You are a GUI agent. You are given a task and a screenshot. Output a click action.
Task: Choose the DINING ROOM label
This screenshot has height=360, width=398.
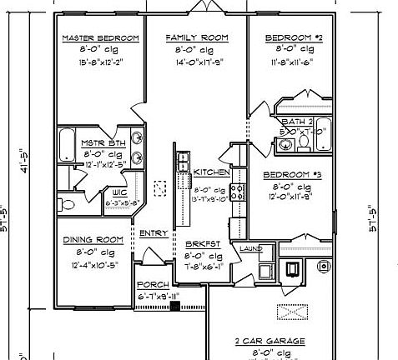point(93,240)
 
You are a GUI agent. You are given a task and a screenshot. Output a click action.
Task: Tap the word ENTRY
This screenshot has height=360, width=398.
point(153,233)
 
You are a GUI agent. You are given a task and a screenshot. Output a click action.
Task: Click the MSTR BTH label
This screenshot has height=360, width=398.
point(103,142)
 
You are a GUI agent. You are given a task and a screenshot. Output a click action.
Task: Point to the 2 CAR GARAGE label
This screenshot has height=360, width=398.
point(269,341)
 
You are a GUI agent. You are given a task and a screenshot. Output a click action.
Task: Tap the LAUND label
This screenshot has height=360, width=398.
point(250,248)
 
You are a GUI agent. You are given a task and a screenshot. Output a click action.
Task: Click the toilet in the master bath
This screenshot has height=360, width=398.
point(63,202)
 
